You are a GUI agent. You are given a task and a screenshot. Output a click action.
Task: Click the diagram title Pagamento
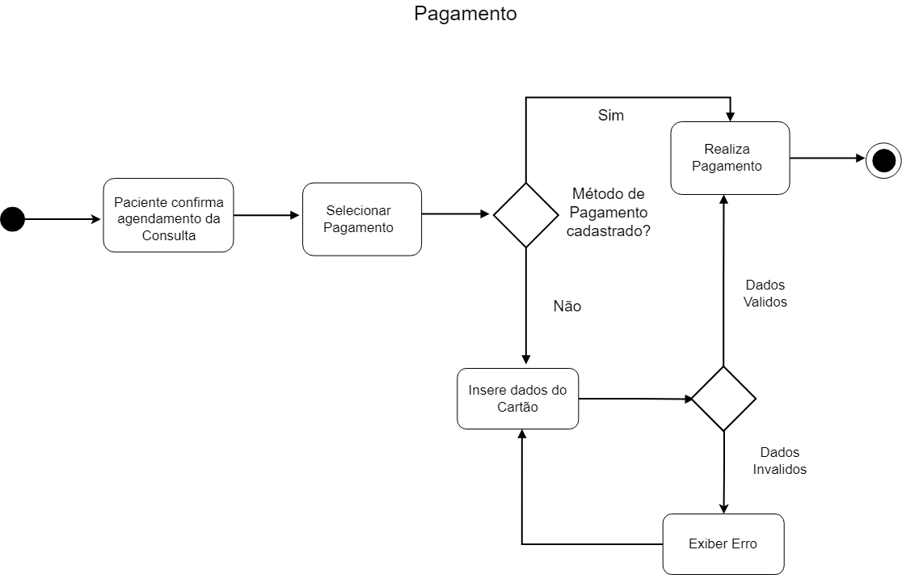pos(465,15)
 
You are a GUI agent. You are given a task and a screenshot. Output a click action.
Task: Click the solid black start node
pos(13,218)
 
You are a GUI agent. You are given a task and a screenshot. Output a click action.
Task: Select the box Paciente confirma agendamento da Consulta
pos(168,214)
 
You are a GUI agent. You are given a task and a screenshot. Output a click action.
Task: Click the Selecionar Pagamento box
pos(361,219)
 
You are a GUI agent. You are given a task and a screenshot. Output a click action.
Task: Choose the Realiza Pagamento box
pos(730,158)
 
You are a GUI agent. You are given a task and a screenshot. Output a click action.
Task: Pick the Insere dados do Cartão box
pos(517,398)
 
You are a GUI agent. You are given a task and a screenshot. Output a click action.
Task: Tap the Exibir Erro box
pos(723,544)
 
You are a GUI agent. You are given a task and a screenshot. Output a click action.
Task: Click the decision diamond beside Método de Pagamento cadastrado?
pos(526,215)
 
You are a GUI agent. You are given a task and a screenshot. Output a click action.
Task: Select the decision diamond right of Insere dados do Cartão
pos(723,399)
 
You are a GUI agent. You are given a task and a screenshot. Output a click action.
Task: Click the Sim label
pos(611,116)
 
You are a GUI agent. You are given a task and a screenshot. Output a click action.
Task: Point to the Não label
pos(567,307)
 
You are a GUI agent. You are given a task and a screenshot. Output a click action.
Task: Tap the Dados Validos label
pos(765,294)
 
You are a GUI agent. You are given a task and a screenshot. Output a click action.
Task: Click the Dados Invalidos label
pos(779,461)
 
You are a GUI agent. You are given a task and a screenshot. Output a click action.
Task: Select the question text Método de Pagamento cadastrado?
pos(609,212)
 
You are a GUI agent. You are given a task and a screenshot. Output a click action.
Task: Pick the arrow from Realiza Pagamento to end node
pos(828,159)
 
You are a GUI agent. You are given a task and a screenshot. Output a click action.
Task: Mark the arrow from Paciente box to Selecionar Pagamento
pos(267,215)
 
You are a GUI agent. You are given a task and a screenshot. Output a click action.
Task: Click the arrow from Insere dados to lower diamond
pos(634,399)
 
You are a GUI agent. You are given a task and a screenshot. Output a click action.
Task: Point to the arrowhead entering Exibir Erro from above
pos(723,507)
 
